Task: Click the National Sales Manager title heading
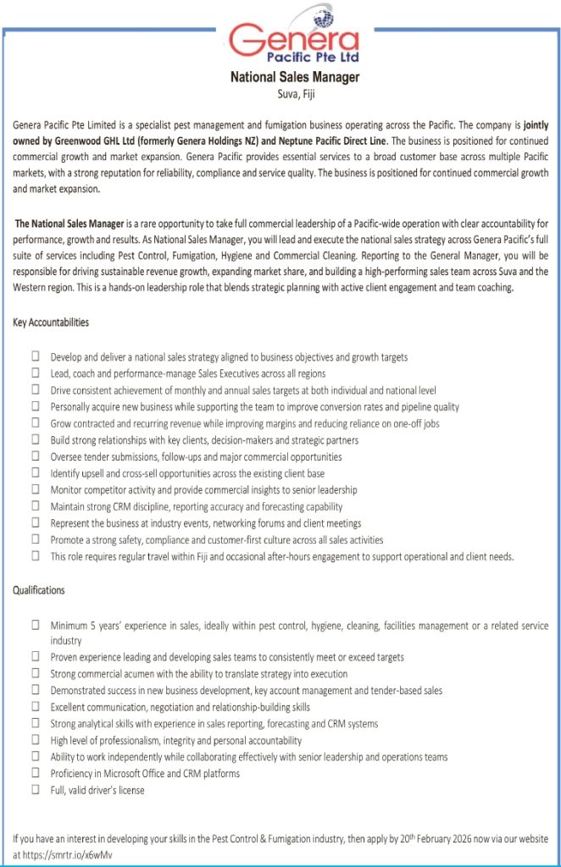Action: click(x=295, y=77)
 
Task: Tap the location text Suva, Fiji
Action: click(x=296, y=93)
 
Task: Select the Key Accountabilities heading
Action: click(x=52, y=323)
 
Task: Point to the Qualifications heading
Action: click(x=39, y=590)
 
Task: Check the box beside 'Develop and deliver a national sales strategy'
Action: click(x=36, y=357)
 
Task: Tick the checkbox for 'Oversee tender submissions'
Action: click(x=36, y=457)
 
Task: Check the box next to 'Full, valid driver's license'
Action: click(x=36, y=790)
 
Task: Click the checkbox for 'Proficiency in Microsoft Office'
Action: click(x=36, y=773)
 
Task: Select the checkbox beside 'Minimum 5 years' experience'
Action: click(x=36, y=625)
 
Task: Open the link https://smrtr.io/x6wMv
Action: click(x=71, y=855)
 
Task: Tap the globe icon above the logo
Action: click(x=325, y=17)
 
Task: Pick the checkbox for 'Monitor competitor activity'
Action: click(x=36, y=490)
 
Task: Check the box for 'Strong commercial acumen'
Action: click(x=36, y=674)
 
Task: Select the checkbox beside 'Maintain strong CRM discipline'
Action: click(x=36, y=507)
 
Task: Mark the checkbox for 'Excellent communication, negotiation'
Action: click(x=36, y=707)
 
